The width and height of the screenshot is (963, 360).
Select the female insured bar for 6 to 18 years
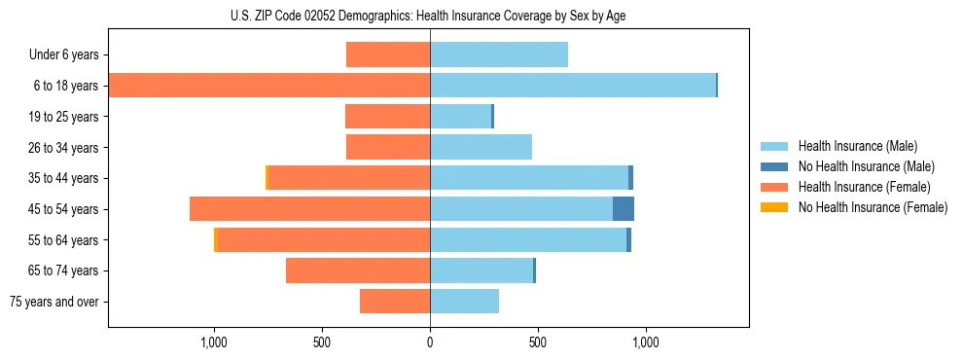[269, 86]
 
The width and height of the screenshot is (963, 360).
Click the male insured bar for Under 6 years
[499, 54]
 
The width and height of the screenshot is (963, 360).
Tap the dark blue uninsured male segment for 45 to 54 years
[624, 209]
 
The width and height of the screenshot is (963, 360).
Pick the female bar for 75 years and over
[395, 302]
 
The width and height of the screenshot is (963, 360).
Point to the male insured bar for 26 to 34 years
[481, 147]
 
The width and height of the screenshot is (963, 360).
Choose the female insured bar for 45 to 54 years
[309, 209]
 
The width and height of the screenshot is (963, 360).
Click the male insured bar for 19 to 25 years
[460, 117]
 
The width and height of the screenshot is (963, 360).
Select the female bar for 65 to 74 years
[358, 270]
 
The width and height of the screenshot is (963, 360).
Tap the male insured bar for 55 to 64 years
[528, 239]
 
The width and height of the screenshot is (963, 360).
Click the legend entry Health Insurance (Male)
[857, 146]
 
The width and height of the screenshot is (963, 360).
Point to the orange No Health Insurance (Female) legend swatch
[774, 207]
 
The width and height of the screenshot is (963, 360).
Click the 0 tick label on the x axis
[430, 342]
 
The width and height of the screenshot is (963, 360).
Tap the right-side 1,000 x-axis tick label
[646, 342]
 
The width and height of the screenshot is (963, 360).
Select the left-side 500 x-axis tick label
[322, 342]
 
